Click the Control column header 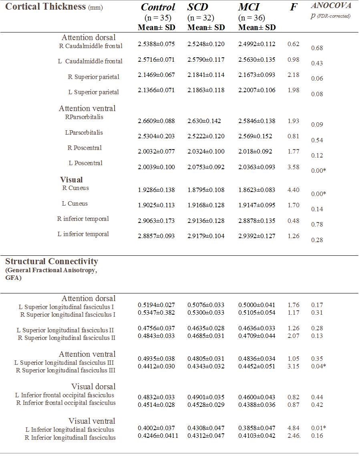158,7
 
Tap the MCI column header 248,7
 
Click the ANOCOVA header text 331,6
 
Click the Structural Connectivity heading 52,261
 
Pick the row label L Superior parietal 93,92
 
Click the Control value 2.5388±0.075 157,44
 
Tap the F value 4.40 293,190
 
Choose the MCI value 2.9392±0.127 257,236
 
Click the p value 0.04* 318,366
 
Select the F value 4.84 293,428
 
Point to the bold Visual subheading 72,180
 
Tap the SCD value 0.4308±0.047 206,428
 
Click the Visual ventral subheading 92,421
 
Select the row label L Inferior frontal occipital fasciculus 65,395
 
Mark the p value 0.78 317,224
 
